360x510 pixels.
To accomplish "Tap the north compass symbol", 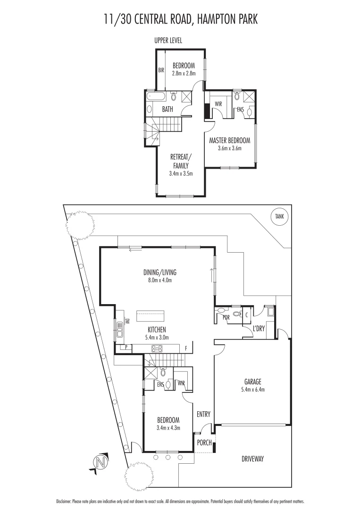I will pyautogui.click(x=99, y=462).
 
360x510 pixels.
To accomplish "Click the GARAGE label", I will pyautogui.click(x=252, y=382).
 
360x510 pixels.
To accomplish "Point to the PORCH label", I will pyautogui.click(x=204, y=442).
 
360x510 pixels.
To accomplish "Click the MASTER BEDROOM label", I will pyautogui.click(x=229, y=140).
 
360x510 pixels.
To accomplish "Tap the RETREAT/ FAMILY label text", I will pyautogui.click(x=180, y=161).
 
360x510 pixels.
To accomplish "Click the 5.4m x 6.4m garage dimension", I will pyautogui.click(x=252, y=390).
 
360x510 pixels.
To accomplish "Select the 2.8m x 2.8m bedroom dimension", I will pyautogui.click(x=184, y=73).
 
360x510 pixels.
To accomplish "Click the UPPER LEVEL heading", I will pyautogui.click(x=168, y=41).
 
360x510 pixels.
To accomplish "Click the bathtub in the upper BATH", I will pyautogui.click(x=156, y=97).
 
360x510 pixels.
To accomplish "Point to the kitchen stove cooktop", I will pyautogui.click(x=157, y=348).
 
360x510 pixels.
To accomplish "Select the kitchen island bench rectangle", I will pyautogui.click(x=150, y=315).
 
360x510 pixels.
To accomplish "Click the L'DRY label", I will pyautogui.click(x=259, y=328).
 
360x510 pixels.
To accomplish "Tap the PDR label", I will pyautogui.click(x=226, y=317).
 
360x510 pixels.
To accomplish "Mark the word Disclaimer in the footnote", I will pyautogui.click(x=65, y=501).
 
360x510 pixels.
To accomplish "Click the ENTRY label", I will pyautogui.click(x=203, y=414).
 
